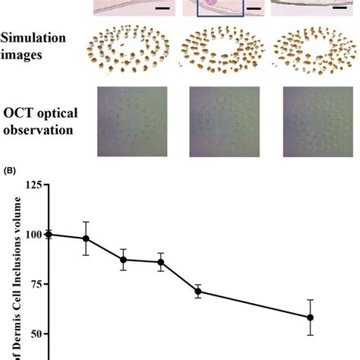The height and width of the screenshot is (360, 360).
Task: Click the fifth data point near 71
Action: tap(198, 292)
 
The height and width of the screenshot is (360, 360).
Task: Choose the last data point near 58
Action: tap(310, 317)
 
